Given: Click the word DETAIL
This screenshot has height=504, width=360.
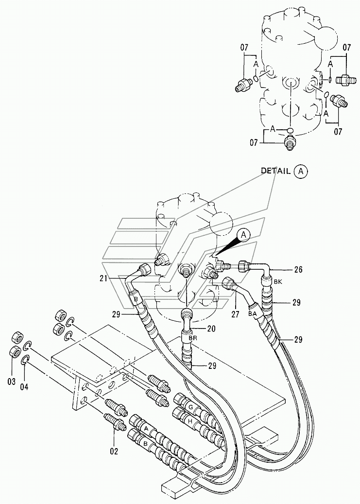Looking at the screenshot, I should click(x=275, y=171).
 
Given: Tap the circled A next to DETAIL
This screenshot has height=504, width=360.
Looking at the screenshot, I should click(x=301, y=171).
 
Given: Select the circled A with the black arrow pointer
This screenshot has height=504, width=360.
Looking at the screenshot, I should click(x=245, y=235).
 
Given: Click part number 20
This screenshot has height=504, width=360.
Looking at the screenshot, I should click(x=211, y=328).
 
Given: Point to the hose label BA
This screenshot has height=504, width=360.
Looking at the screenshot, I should click(x=252, y=314).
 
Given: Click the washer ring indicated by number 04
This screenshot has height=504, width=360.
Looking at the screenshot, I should click(x=25, y=360).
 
